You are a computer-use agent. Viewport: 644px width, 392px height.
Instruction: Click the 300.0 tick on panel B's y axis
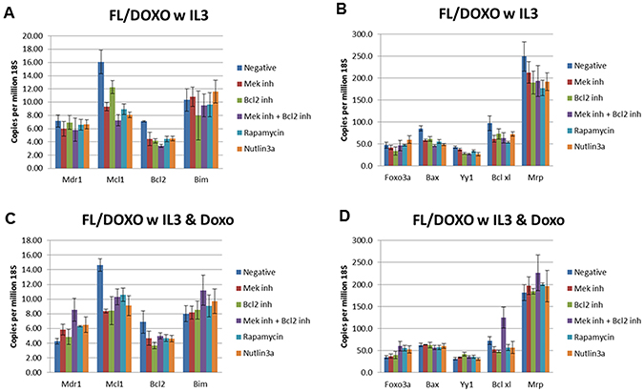point(359,34)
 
